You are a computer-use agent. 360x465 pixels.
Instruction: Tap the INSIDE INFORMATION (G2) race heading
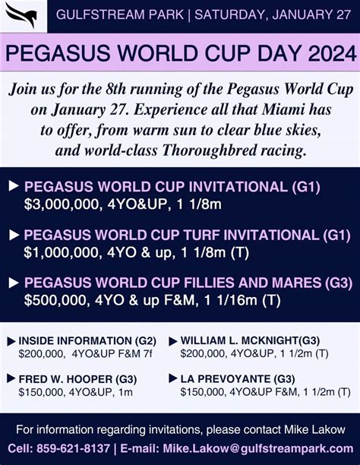87,340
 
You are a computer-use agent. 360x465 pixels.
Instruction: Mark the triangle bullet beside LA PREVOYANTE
173,378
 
